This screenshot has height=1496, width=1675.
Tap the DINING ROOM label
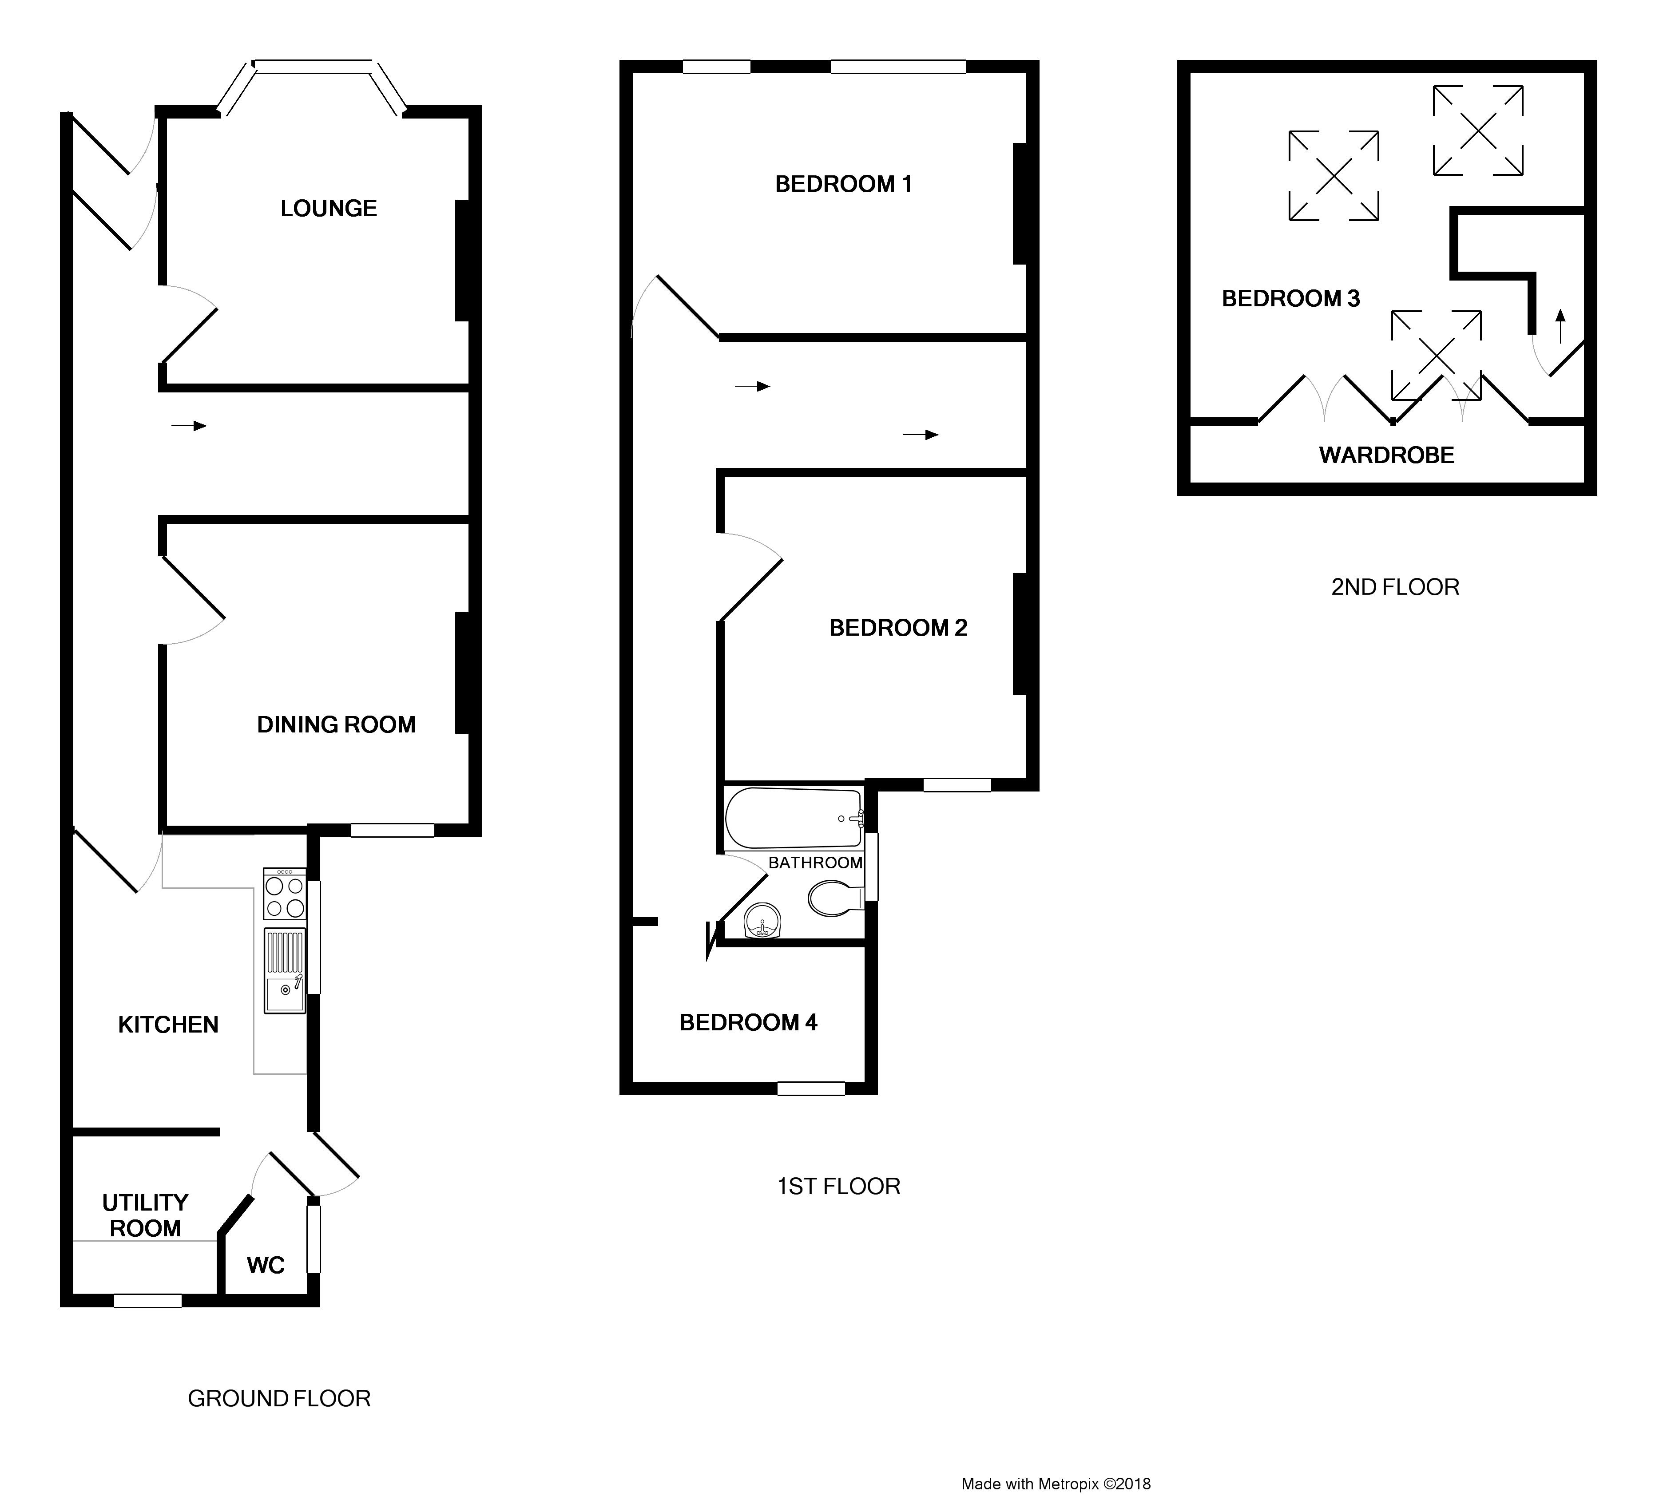point(336,725)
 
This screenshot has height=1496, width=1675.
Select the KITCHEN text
point(169,1025)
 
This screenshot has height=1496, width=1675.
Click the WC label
point(266,1266)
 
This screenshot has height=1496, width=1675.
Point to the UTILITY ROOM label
point(146,1216)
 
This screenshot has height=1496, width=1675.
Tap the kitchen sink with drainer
point(285,971)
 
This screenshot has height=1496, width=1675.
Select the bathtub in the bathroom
point(794,819)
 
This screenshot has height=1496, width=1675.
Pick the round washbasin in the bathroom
point(762,922)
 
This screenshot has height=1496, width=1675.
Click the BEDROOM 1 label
point(844,184)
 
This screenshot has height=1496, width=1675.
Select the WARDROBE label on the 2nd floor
point(1387,455)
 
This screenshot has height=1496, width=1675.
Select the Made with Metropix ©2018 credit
point(1056,1484)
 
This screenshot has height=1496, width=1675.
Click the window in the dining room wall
point(392,830)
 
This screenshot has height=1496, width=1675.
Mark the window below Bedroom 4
point(812,1088)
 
